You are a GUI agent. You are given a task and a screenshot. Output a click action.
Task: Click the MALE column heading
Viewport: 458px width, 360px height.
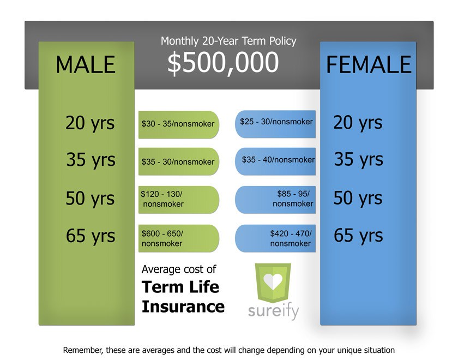click(86, 64)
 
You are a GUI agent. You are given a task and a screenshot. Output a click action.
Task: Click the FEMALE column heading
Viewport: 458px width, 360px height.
click(369, 65)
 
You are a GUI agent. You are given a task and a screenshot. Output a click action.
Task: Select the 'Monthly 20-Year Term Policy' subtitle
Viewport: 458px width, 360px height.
click(228, 41)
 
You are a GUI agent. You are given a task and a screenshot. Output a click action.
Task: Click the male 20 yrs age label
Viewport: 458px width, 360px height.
click(90, 122)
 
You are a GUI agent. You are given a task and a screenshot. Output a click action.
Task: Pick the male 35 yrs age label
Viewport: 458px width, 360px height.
click(91, 160)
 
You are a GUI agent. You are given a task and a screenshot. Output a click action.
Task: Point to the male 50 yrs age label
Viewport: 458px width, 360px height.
click(90, 198)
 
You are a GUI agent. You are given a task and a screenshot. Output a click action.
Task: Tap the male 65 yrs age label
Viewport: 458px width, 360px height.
click(91, 236)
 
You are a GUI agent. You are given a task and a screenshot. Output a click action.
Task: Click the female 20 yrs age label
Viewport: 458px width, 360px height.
click(358, 122)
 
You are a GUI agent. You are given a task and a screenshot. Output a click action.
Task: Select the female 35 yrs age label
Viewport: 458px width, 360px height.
click(358, 160)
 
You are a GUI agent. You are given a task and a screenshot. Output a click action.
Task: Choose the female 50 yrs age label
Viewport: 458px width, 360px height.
click(358, 198)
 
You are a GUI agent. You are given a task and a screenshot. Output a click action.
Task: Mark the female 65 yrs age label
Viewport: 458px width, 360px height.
click(358, 236)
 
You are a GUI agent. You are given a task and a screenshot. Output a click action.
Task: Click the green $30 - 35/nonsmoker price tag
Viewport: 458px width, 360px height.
click(178, 124)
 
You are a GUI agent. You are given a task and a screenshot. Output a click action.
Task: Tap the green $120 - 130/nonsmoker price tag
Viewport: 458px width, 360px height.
click(178, 199)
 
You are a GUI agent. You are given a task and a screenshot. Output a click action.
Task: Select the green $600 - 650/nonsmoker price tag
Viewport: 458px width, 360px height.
click(178, 238)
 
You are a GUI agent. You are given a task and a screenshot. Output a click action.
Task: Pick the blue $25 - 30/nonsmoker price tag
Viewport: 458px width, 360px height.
click(276, 122)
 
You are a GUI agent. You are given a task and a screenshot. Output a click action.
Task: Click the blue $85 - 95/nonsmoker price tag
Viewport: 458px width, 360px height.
click(276, 199)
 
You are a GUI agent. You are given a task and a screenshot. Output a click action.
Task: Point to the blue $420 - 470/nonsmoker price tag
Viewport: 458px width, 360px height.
click(276, 238)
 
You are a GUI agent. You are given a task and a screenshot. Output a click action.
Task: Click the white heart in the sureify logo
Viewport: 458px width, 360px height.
click(273, 281)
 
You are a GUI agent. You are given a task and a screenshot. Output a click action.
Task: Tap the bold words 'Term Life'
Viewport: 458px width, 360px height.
click(180, 287)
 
